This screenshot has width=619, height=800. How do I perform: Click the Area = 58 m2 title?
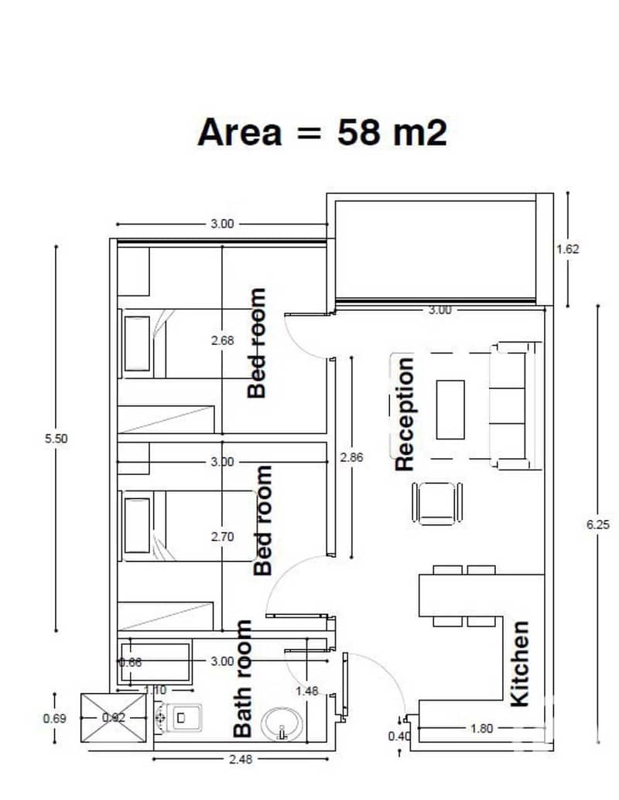coord(322,132)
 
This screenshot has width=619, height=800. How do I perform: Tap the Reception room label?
coord(404,414)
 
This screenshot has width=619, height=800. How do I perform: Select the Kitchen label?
coord(519,664)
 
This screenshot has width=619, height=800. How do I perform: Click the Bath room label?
coord(242,679)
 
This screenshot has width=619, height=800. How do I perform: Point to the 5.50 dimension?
coord(56,438)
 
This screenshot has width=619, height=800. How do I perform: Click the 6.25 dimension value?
coord(598,525)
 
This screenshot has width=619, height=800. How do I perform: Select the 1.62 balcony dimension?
coord(567,249)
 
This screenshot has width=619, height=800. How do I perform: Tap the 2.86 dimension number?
coord(351,457)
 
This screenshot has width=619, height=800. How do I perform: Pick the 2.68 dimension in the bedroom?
coord(223,340)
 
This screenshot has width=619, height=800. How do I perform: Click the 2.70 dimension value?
coord(223,537)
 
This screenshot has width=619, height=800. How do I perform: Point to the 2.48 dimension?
coord(241,759)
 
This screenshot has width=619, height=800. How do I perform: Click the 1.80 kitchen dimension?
coord(481,728)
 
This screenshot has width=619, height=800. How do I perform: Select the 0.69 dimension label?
coord(55,718)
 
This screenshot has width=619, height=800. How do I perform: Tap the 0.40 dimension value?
coord(399,737)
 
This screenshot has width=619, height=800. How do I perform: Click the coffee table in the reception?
coord(450,409)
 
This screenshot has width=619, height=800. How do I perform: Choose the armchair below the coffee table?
coord(437,504)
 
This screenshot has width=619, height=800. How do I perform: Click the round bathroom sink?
coord(282,723)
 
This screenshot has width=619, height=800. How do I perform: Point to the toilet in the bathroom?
coord(179,718)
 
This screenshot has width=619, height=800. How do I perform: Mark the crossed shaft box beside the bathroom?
coord(114,718)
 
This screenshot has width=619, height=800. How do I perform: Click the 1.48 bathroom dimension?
coord(306,691)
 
